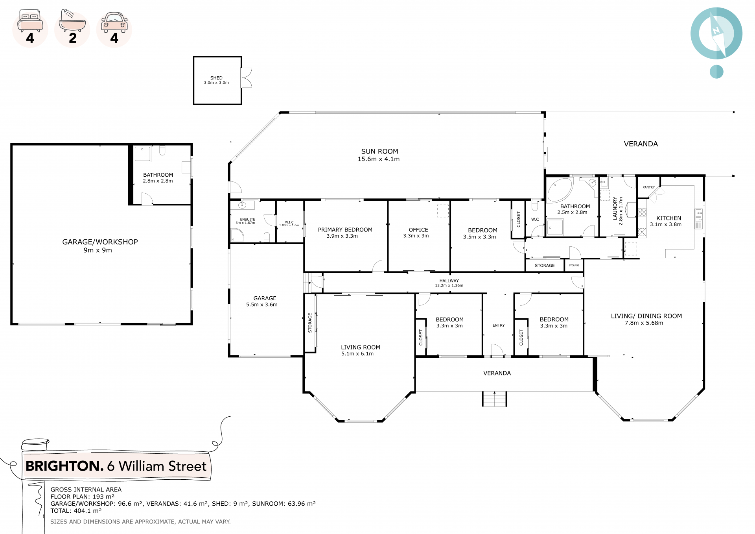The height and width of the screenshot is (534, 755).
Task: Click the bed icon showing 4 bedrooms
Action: click(x=30, y=21)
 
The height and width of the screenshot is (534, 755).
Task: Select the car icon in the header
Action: click(x=114, y=22)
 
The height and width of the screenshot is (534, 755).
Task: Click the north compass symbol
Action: click(x=716, y=33)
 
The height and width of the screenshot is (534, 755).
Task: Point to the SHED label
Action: click(x=216, y=78)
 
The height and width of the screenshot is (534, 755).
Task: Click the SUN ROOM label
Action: click(x=379, y=152)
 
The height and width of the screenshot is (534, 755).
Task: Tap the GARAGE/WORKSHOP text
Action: click(x=100, y=242)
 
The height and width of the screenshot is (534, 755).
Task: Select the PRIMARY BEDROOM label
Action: click(x=345, y=230)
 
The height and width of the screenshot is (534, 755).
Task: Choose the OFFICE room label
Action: click(x=418, y=230)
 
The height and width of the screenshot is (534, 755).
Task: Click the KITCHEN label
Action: click(x=668, y=218)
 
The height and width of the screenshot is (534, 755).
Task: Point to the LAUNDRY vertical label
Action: click(x=615, y=209)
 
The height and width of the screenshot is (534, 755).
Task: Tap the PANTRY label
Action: click(x=648, y=187)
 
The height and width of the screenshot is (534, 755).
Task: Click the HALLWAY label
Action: click(x=449, y=281)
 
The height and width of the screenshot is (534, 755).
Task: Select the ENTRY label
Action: click(x=499, y=325)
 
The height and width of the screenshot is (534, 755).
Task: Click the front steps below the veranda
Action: click(x=494, y=399)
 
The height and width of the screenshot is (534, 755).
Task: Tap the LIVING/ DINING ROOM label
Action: click(x=646, y=316)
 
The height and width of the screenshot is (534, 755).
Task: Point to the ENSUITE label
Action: click(x=248, y=220)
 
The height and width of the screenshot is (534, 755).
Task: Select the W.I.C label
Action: click(x=289, y=222)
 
